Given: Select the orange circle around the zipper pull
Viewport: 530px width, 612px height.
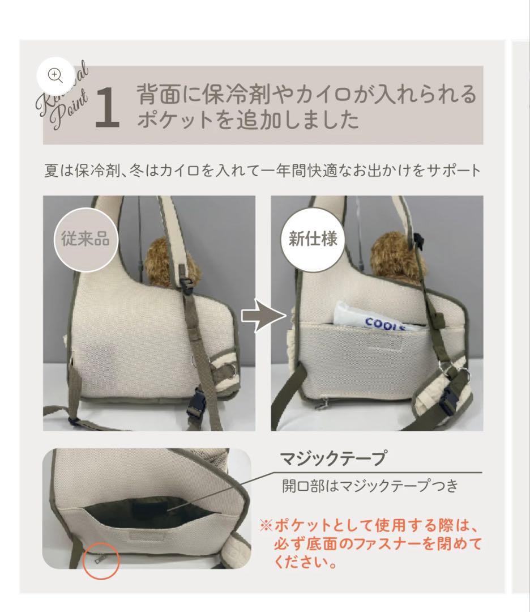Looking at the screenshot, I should click(x=101, y=560).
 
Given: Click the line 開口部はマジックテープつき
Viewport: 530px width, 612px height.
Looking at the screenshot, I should click(x=369, y=487).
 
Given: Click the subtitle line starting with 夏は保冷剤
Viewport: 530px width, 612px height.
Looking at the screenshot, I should click(x=263, y=169).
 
